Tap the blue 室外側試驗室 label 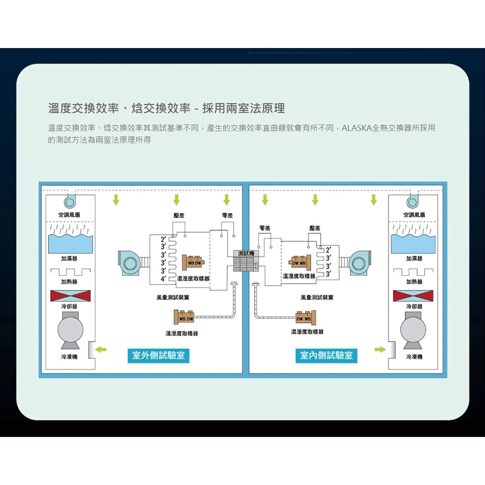[x=159, y=356]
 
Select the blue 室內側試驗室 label [x=326, y=356]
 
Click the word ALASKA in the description [x=356, y=129]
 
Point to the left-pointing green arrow [x=101, y=349]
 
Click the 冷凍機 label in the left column [x=69, y=356]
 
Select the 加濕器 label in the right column [x=414, y=259]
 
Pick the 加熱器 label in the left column [x=69, y=281]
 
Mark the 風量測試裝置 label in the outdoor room [x=173, y=297]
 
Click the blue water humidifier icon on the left [x=69, y=242]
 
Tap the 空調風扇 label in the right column [x=414, y=215]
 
